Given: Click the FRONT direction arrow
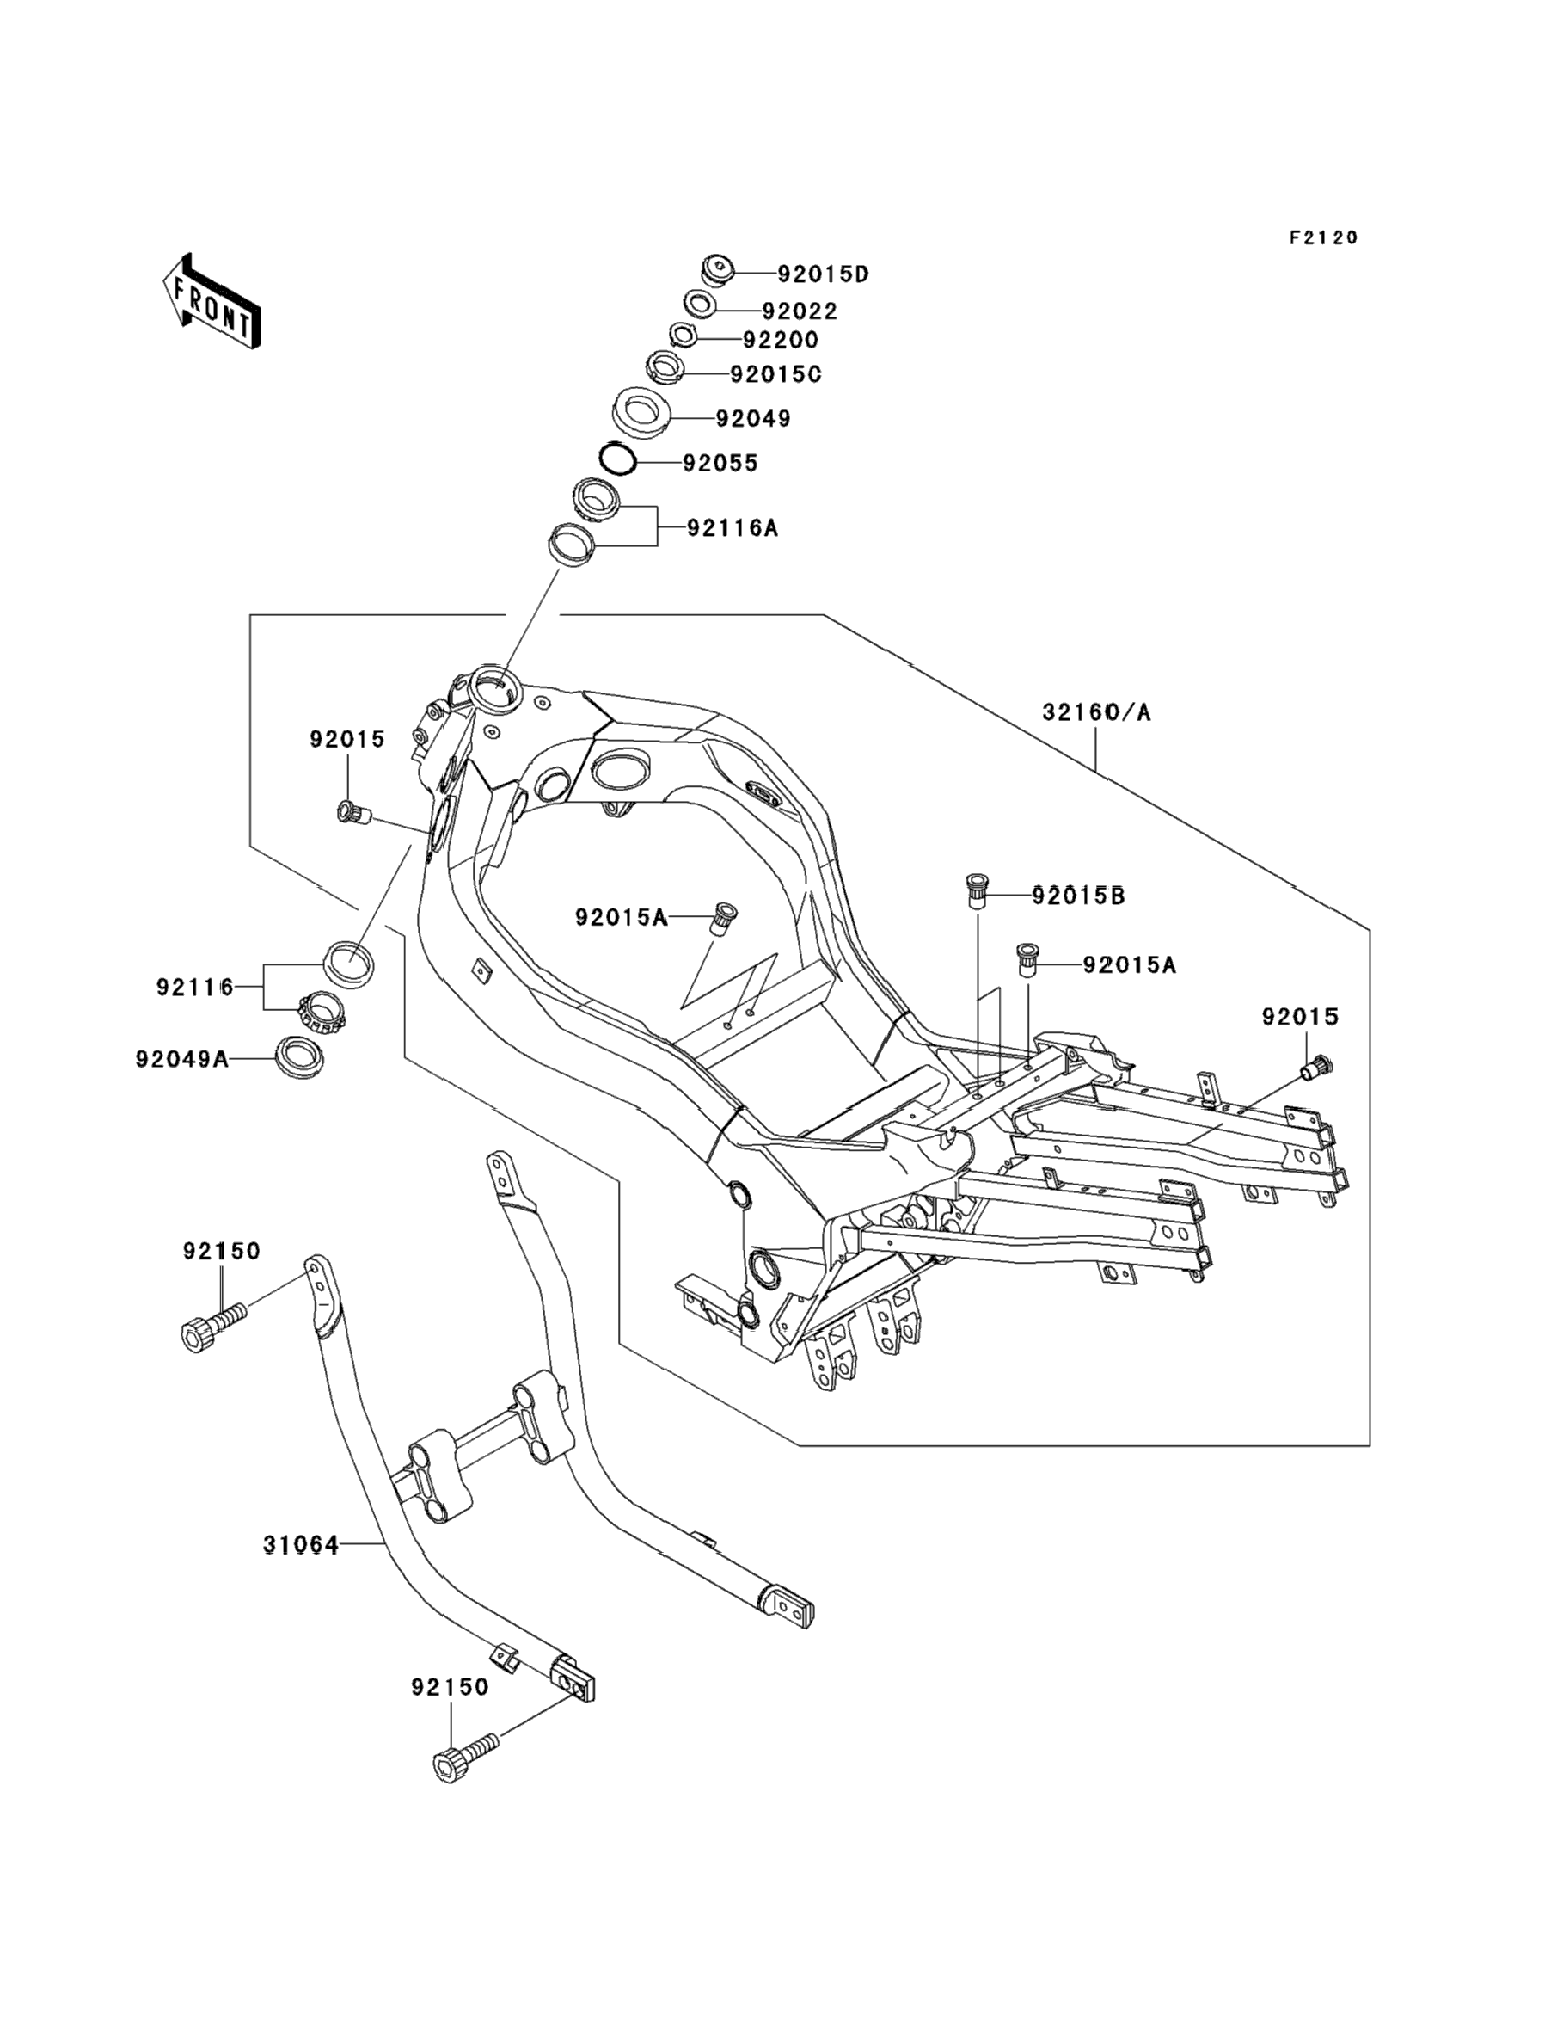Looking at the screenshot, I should point(211,302).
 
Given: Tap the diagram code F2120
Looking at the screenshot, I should point(1324,238).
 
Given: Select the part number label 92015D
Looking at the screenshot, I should point(823,274).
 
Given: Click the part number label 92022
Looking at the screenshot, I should point(800,312).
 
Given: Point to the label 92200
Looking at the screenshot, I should point(780,341).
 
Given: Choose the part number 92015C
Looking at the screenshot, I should point(775,374).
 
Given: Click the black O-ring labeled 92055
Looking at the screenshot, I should point(616,460).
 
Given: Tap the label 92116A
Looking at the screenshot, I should point(733,528).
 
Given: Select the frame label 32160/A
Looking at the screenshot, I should point(1097,712).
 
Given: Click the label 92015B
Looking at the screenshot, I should point(1078,896).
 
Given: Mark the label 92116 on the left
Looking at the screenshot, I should point(195,988).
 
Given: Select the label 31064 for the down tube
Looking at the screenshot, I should point(301,1544).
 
